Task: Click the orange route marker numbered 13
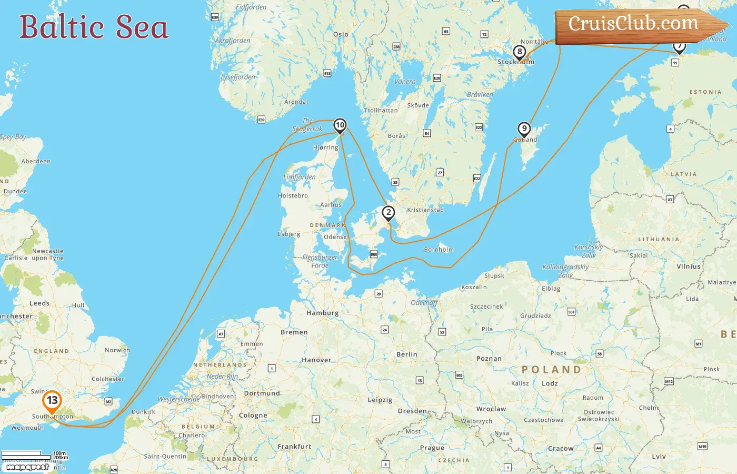(52, 401)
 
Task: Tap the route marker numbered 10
(340, 125)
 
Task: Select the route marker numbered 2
(389, 213)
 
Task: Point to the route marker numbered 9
(524, 129)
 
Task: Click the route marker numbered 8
(520, 52)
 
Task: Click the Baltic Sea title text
(94, 27)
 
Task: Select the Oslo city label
(341, 34)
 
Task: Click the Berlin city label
(406, 354)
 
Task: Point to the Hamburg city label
(322, 313)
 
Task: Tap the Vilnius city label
(689, 266)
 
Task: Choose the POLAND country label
(551, 370)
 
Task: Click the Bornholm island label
(439, 250)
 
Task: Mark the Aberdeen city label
(36, 162)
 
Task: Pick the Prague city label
(432, 448)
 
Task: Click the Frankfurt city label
(294, 447)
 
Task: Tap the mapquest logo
(27, 467)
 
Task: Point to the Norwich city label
(117, 350)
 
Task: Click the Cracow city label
(561, 449)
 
